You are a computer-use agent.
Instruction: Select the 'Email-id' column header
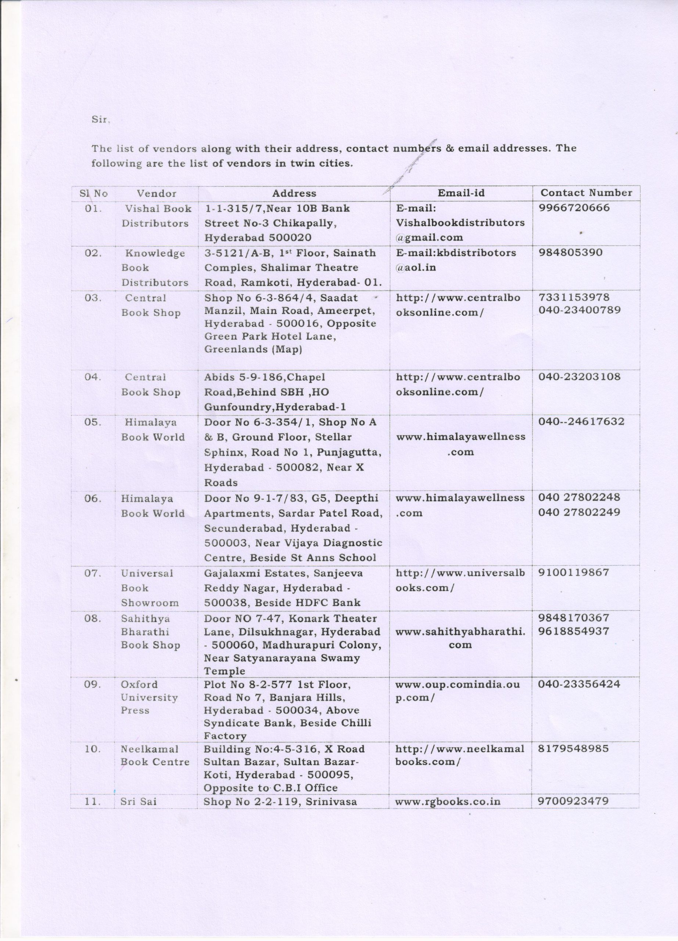[461, 193]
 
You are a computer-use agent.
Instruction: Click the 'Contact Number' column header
[586, 193]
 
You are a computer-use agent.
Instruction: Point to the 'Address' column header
[294, 193]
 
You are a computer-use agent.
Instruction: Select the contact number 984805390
[570, 253]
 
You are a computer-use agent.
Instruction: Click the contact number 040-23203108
[579, 377]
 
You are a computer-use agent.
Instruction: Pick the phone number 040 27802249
[579, 512]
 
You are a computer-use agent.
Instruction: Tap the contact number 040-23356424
[579, 684]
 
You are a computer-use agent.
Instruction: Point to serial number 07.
[93, 573]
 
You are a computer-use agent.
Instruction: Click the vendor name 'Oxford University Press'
[149, 697]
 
